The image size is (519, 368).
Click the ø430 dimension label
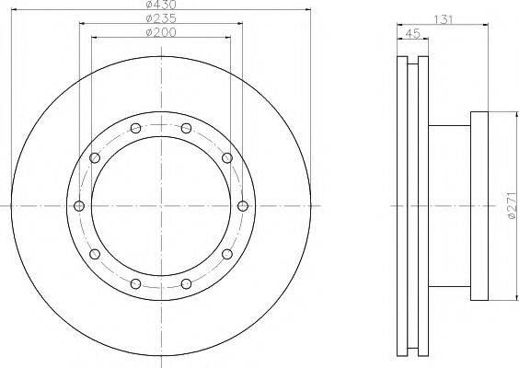point(161,5)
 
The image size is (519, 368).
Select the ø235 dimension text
point(161,18)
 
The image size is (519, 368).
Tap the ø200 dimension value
point(161,32)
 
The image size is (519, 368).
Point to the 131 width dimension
point(443,19)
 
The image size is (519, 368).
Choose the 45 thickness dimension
point(412,33)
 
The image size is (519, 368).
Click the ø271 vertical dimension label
point(512,205)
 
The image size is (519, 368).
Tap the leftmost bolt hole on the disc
point(79,206)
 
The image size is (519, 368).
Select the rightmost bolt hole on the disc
point(243,206)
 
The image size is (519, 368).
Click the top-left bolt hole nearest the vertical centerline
point(135,128)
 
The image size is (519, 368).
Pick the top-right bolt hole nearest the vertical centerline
point(187,128)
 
